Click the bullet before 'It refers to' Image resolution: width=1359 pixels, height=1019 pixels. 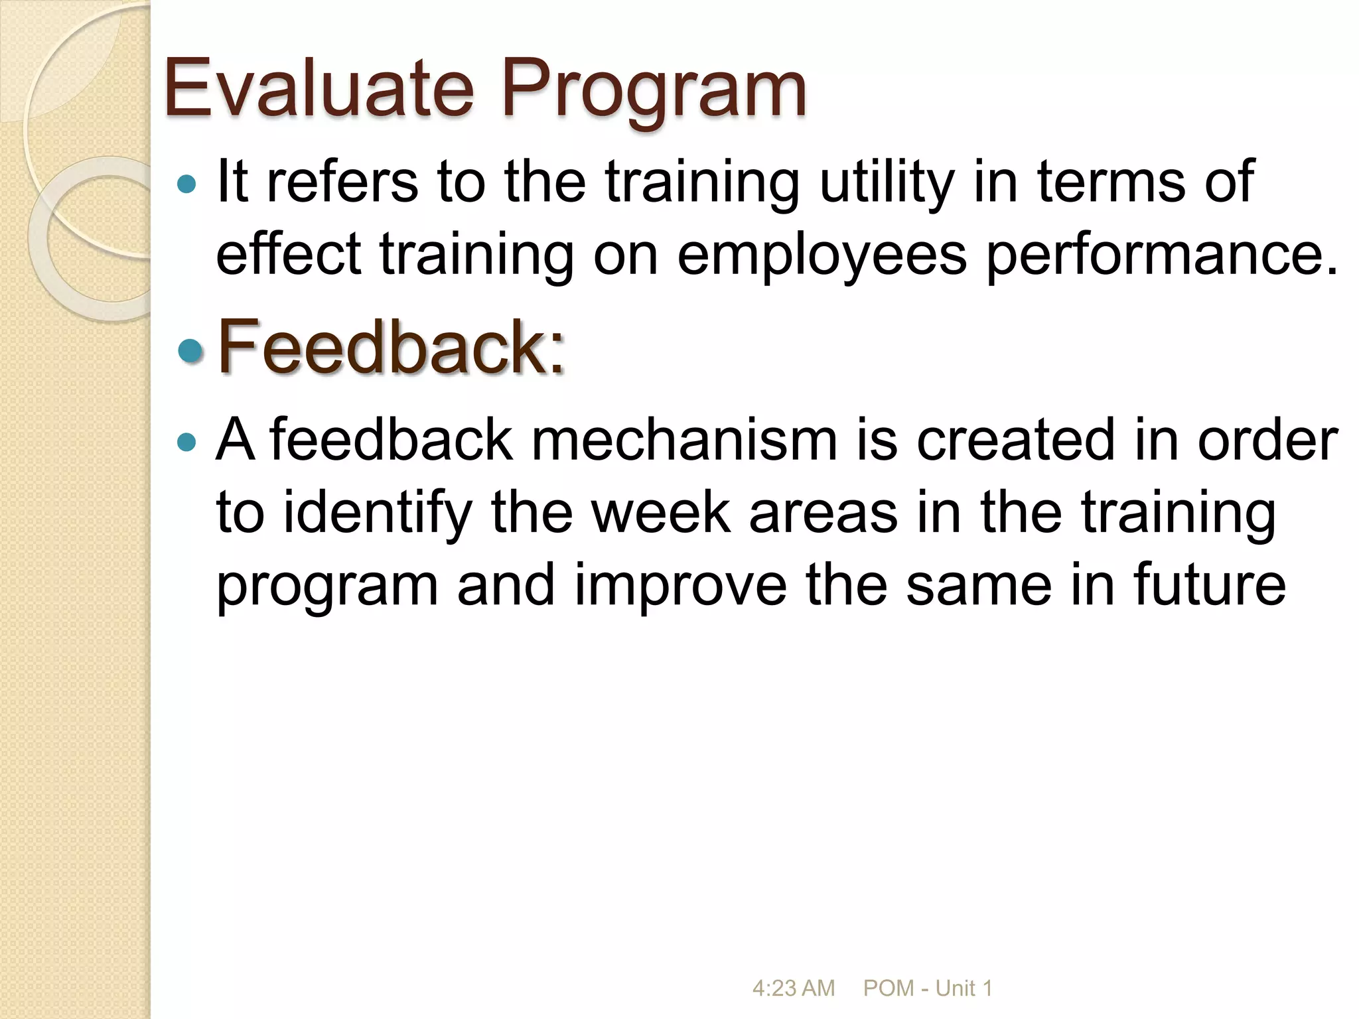click(x=188, y=184)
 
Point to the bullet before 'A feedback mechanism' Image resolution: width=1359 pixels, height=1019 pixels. click(x=188, y=442)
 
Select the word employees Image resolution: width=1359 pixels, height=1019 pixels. click(x=822, y=255)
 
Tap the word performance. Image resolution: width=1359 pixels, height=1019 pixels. click(x=1161, y=255)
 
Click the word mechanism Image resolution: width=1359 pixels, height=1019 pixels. click(x=683, y=441)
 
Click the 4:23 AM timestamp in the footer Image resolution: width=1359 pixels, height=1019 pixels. click(x=793, y=988)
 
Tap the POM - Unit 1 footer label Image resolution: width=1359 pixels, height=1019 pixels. click(x=927, y=988)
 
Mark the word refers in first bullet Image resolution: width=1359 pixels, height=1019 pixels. click(x=342, y=182)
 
